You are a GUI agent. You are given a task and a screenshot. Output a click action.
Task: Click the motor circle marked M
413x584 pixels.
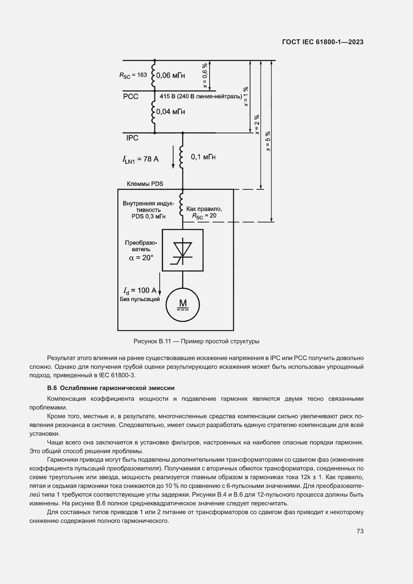click(x=183, y=305)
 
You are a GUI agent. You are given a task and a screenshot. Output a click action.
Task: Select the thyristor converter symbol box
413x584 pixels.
click(x=183, y=250)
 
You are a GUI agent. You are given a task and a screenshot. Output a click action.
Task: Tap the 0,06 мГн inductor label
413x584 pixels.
click(x=170, y=75)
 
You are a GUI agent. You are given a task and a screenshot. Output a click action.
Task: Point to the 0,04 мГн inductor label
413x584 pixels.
click(x=170, y=112)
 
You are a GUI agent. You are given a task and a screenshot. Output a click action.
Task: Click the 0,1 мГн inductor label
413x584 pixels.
click(x=203, y=157)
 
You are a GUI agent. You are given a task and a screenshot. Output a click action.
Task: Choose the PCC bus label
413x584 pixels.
click(x=131, y=97)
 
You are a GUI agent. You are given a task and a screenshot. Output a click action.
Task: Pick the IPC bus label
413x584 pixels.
click(x=132, y=138)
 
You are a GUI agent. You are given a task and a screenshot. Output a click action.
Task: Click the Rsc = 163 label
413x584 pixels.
click(x=133, y=75)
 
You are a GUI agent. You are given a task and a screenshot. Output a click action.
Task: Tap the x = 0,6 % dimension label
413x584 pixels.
click(x=205, y=76)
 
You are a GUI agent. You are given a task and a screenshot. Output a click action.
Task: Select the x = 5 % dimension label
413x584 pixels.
click(x=268, y=141)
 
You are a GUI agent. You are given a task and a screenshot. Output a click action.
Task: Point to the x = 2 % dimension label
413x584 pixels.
click(x=257, y=124)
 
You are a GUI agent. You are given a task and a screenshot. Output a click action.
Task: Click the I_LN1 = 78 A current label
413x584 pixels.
click(x=140, y=159)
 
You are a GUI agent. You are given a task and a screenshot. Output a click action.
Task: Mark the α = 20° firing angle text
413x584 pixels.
click(x=141, y=258)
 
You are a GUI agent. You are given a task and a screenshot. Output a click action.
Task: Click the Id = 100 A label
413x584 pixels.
click(x=140, y=290)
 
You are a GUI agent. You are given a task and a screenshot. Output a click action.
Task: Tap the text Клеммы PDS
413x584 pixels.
click(x=145, y=184)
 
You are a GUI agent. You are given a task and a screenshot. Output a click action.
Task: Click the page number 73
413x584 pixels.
click(x=360, y=531)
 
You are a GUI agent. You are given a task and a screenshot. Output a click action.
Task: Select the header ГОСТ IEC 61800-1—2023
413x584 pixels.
click(x=323, y=42)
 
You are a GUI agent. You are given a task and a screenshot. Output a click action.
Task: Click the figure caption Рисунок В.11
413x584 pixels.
click(x=196, y=341)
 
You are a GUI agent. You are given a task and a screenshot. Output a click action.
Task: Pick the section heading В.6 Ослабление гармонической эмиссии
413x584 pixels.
click(x=111, y=388)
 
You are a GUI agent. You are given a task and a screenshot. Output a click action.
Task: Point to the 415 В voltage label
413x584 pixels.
click(x=201, y=96)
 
